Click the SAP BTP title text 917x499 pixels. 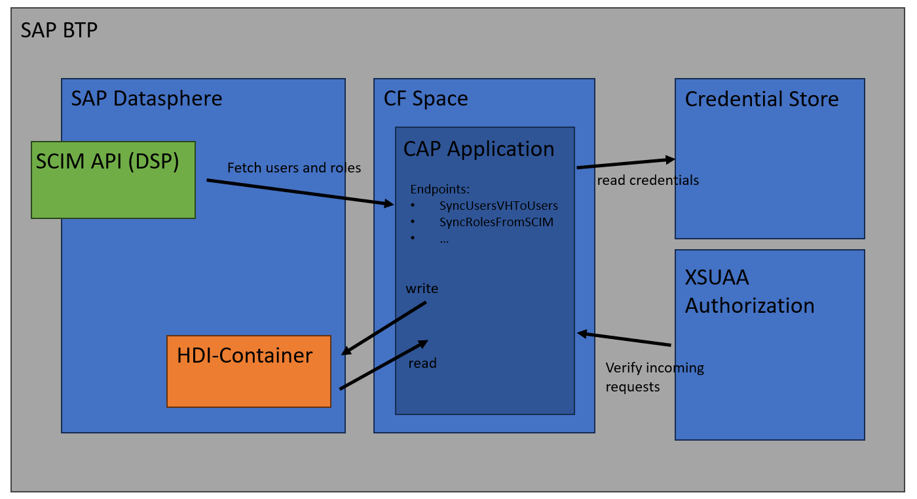(59, 30)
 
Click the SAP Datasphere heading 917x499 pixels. (147, 99)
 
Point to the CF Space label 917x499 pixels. (426, 99)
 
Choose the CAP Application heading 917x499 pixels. (479, 149)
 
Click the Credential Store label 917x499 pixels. (762, 99)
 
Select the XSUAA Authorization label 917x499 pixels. (749, 291)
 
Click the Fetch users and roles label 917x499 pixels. (294, 168)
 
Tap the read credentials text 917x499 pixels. (648, 180)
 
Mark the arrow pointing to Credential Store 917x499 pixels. (626, 163)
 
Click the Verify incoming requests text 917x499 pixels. (654, 377)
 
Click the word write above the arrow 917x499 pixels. (422, 289)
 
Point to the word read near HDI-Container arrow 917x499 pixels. (422, 363)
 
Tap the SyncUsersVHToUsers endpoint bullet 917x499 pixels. (498, 206)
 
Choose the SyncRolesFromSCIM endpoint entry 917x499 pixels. (496, 222)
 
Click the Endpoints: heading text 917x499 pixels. (440, 190)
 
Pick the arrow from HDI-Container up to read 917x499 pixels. (384, 365)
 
